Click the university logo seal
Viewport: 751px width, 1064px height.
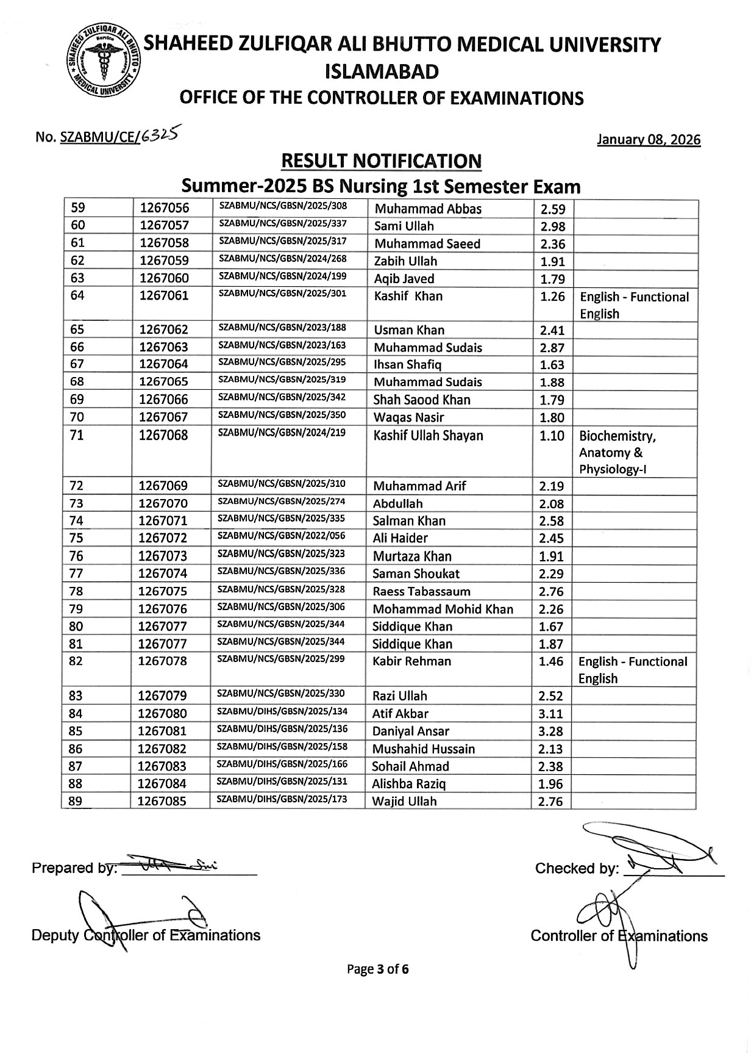(x=102, y=61)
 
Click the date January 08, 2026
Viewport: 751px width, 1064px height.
(x=649, y=140)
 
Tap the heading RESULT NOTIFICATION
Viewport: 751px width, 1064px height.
(x=381, y=161)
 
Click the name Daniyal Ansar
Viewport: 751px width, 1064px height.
(x=410, y=731)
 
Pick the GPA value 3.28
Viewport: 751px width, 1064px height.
(x=551, y=731)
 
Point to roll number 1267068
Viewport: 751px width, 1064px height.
(x=163, y=436)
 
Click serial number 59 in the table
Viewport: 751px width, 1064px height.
(x=79, y=209)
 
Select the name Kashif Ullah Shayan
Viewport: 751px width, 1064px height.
(x=428, y=436)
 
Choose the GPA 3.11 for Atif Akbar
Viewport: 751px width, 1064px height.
(x=551, y=714)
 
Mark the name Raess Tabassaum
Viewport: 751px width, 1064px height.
(x=421, y=591)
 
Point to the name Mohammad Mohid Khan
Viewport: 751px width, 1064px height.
(x=443, y=609)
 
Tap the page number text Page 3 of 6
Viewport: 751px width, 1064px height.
(x=378, y=969)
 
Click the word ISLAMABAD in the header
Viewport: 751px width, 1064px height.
(x=382, y=72)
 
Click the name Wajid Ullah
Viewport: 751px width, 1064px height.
(x=404, y=801)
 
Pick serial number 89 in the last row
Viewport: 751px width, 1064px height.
(x=76, y=802)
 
